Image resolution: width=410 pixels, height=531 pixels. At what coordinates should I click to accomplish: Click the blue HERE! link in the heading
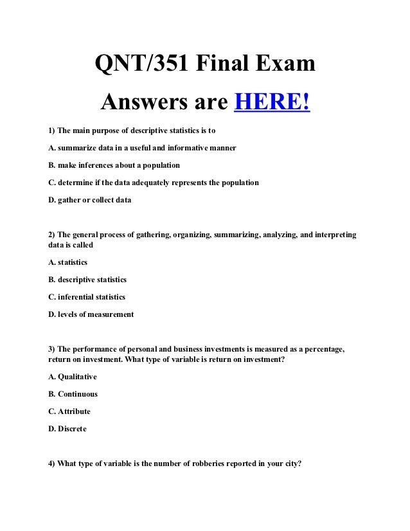[272, 101]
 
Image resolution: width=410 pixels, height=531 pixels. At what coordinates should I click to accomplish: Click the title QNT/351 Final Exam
[205, 64]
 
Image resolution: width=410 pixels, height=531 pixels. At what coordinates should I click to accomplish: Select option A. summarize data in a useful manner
[142, 148]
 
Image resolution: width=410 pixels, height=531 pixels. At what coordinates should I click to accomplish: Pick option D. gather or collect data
[90, 200]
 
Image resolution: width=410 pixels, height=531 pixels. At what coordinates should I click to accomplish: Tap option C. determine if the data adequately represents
[154, 183]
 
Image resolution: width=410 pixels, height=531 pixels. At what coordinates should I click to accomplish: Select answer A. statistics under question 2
[68, 262]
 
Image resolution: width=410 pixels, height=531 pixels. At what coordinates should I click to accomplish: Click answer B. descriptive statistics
[87, 280]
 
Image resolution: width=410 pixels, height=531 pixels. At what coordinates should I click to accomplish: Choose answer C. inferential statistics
[87, 297]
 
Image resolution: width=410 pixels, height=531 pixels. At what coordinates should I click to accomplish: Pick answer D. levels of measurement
[91, 314]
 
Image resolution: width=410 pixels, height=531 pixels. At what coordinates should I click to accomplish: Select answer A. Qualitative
[73, 377]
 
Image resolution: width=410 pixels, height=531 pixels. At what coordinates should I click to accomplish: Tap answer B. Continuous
[73, 394]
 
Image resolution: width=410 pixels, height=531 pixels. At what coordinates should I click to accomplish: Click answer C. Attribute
[69, 411]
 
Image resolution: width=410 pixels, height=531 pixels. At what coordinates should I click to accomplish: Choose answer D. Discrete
[67, 429]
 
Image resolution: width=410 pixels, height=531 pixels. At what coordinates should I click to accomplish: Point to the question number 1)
[52, 130]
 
